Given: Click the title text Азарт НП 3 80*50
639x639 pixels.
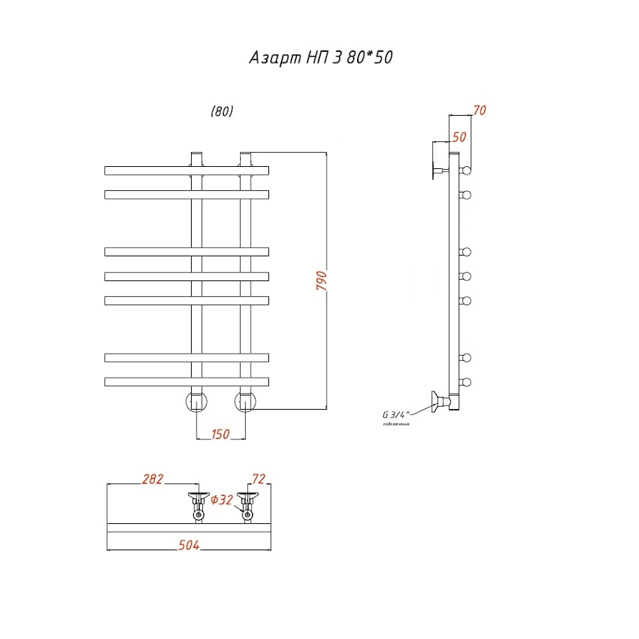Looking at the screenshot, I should pos(320,58).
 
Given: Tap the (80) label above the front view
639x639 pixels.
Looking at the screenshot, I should pos(222,111).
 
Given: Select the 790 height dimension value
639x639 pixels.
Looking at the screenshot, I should pos(321,284).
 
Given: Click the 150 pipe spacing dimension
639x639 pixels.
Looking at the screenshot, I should pos(221,434).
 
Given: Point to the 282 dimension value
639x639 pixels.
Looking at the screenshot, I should pos(152,479).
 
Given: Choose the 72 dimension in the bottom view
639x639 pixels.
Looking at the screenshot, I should pos(258,479).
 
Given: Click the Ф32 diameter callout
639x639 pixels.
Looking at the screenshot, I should pos(222,501).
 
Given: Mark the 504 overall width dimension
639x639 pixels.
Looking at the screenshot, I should pos(188,545).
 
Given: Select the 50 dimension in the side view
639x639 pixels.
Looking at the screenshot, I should pos(459,137).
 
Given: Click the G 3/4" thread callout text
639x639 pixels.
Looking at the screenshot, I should pos(395,415).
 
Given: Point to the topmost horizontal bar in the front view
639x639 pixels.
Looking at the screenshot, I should pos(187,170).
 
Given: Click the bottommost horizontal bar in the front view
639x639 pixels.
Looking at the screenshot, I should pos(187,381).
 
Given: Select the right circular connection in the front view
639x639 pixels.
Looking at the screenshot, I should pos(246,401).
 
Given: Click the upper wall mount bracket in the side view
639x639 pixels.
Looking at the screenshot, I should pos(436,170).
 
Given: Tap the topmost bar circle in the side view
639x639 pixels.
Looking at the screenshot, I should pos(466,170).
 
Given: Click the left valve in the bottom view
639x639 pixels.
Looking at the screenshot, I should pos(197,506).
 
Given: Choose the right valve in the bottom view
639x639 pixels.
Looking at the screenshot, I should pos(247,506).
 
